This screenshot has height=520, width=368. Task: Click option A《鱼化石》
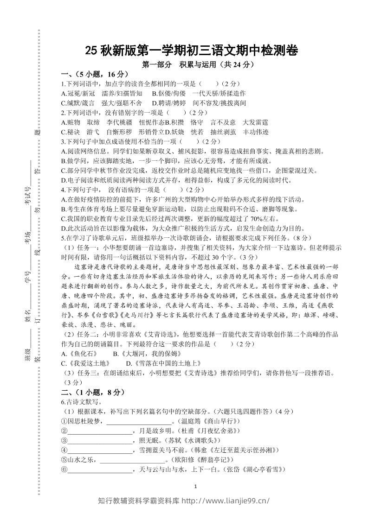77,354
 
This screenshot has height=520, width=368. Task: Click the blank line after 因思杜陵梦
139,421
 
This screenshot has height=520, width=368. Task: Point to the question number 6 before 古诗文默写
63,402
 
